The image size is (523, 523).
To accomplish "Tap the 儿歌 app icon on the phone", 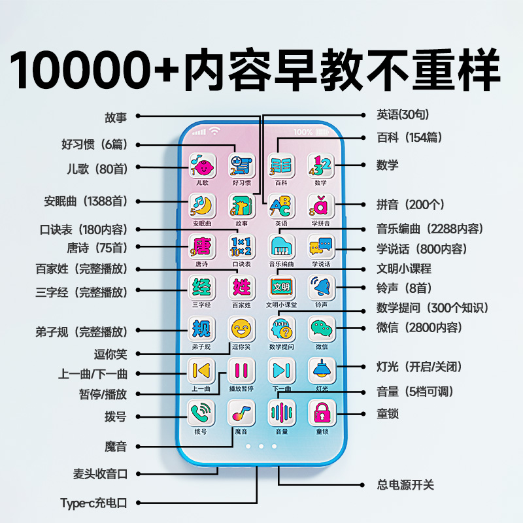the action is point(202,165).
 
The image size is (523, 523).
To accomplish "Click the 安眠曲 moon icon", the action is point(202,207).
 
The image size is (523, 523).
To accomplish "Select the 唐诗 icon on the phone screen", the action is point(202,247).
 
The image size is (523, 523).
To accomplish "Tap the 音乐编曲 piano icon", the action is point(281,247).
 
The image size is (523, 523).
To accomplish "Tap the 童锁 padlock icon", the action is point(322,413).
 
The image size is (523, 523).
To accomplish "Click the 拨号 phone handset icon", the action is point(201,413).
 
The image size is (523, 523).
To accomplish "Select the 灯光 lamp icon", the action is point(322,370).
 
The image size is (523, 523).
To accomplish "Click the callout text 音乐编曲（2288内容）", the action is point(430,229).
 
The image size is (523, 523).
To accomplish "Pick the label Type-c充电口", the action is point(93,503).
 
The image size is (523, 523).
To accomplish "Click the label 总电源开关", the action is point(405,485).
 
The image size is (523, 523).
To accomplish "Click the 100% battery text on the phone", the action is point(303,132).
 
